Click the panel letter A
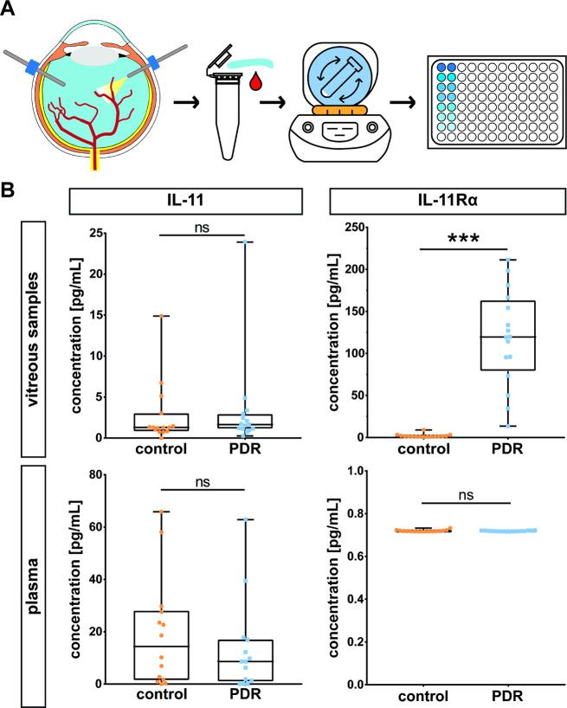[10, 10]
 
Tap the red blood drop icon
[256, 84]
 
